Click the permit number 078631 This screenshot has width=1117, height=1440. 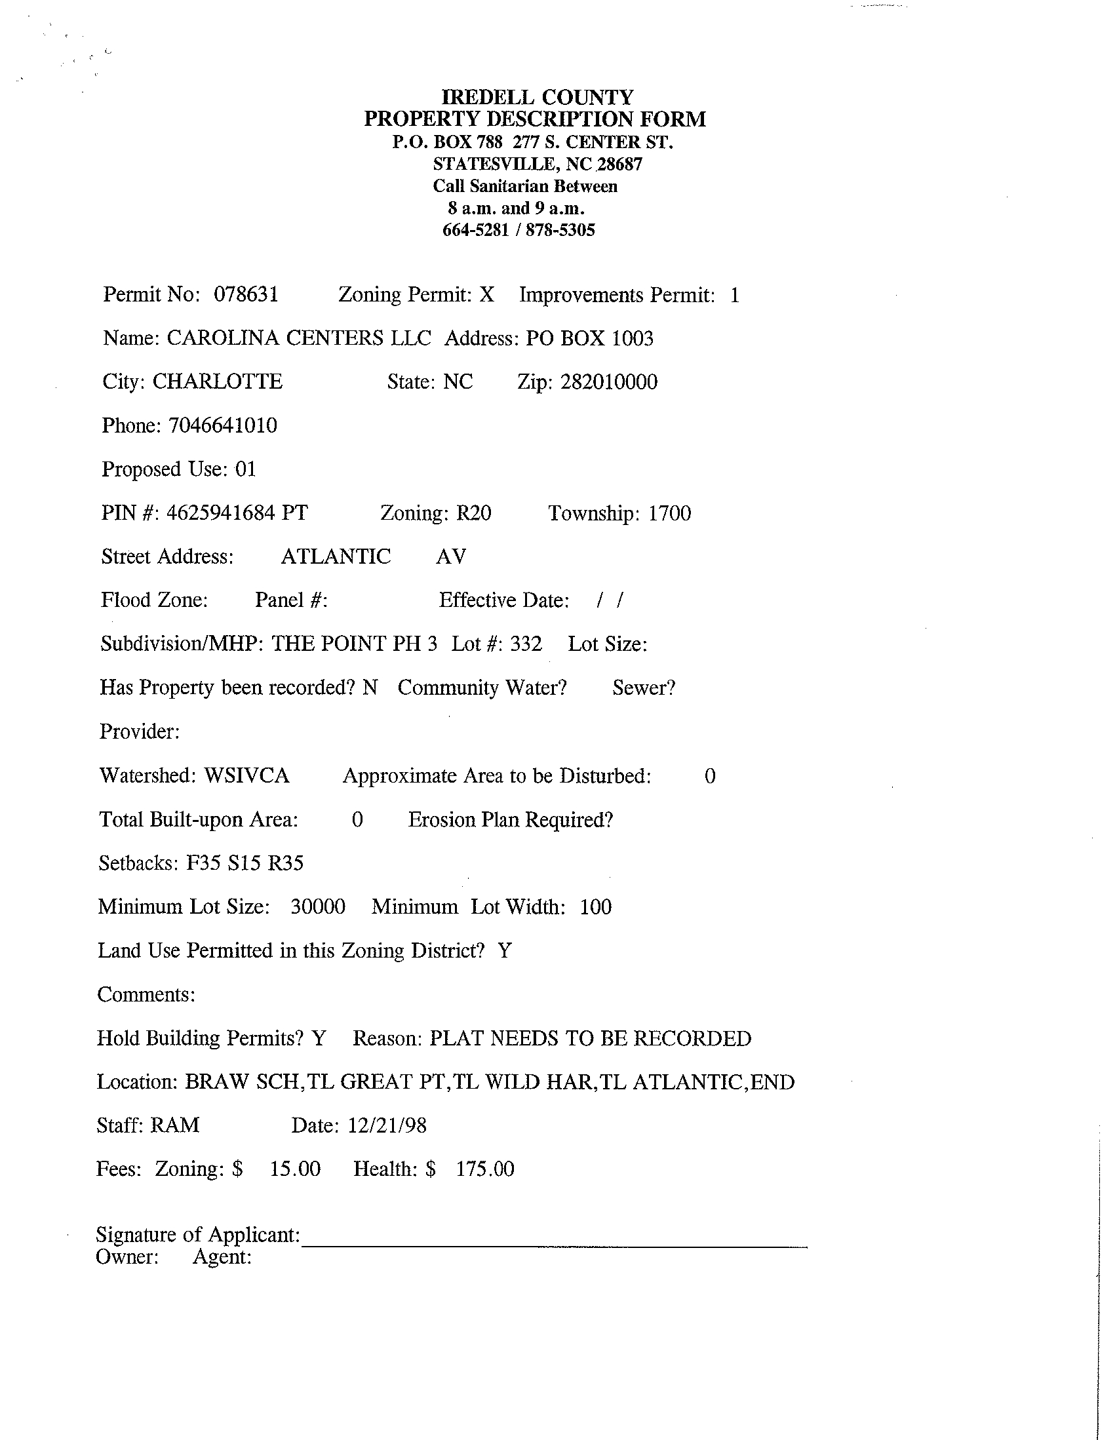pyautogui.click(x=246, y=294)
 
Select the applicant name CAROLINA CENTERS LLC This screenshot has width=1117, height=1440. pyautogui.click(x=299, y=338)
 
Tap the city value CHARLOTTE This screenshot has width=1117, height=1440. pyautogui.click(x=218, y=381)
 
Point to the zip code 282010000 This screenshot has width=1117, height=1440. pyautogui.click(x=608, y=382)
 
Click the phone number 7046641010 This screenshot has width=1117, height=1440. pyautogui.click(x=223, y=426)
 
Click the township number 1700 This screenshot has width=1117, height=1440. pyautogui.click(x=669, y=513)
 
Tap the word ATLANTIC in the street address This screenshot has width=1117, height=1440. pyautogui.click(x=336, y=556)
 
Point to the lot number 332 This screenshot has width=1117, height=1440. pyautogui.click(x=526, y=644)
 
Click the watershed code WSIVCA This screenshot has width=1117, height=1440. pyautogui.click(x=246, y=775)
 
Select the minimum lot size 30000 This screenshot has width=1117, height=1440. pyautogui.click(x=318, y=906)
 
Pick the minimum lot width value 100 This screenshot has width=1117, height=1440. pyautogui.click(x=595, y=907)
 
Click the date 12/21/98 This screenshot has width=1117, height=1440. pyautogui.click(x=387, y=1125)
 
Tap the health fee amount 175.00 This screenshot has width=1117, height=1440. pyautogui.click(x=484, y=1169)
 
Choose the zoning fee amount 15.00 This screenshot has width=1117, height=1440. pyautogui.click(x=295, y=1169)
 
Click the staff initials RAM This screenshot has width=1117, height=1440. pyautogui.click(x=174, y=1125)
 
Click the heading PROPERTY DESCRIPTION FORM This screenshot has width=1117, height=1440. pyautogui.click(x=535, y=119)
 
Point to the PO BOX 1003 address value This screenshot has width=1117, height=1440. pyautogui.click(x=589, y=338)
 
